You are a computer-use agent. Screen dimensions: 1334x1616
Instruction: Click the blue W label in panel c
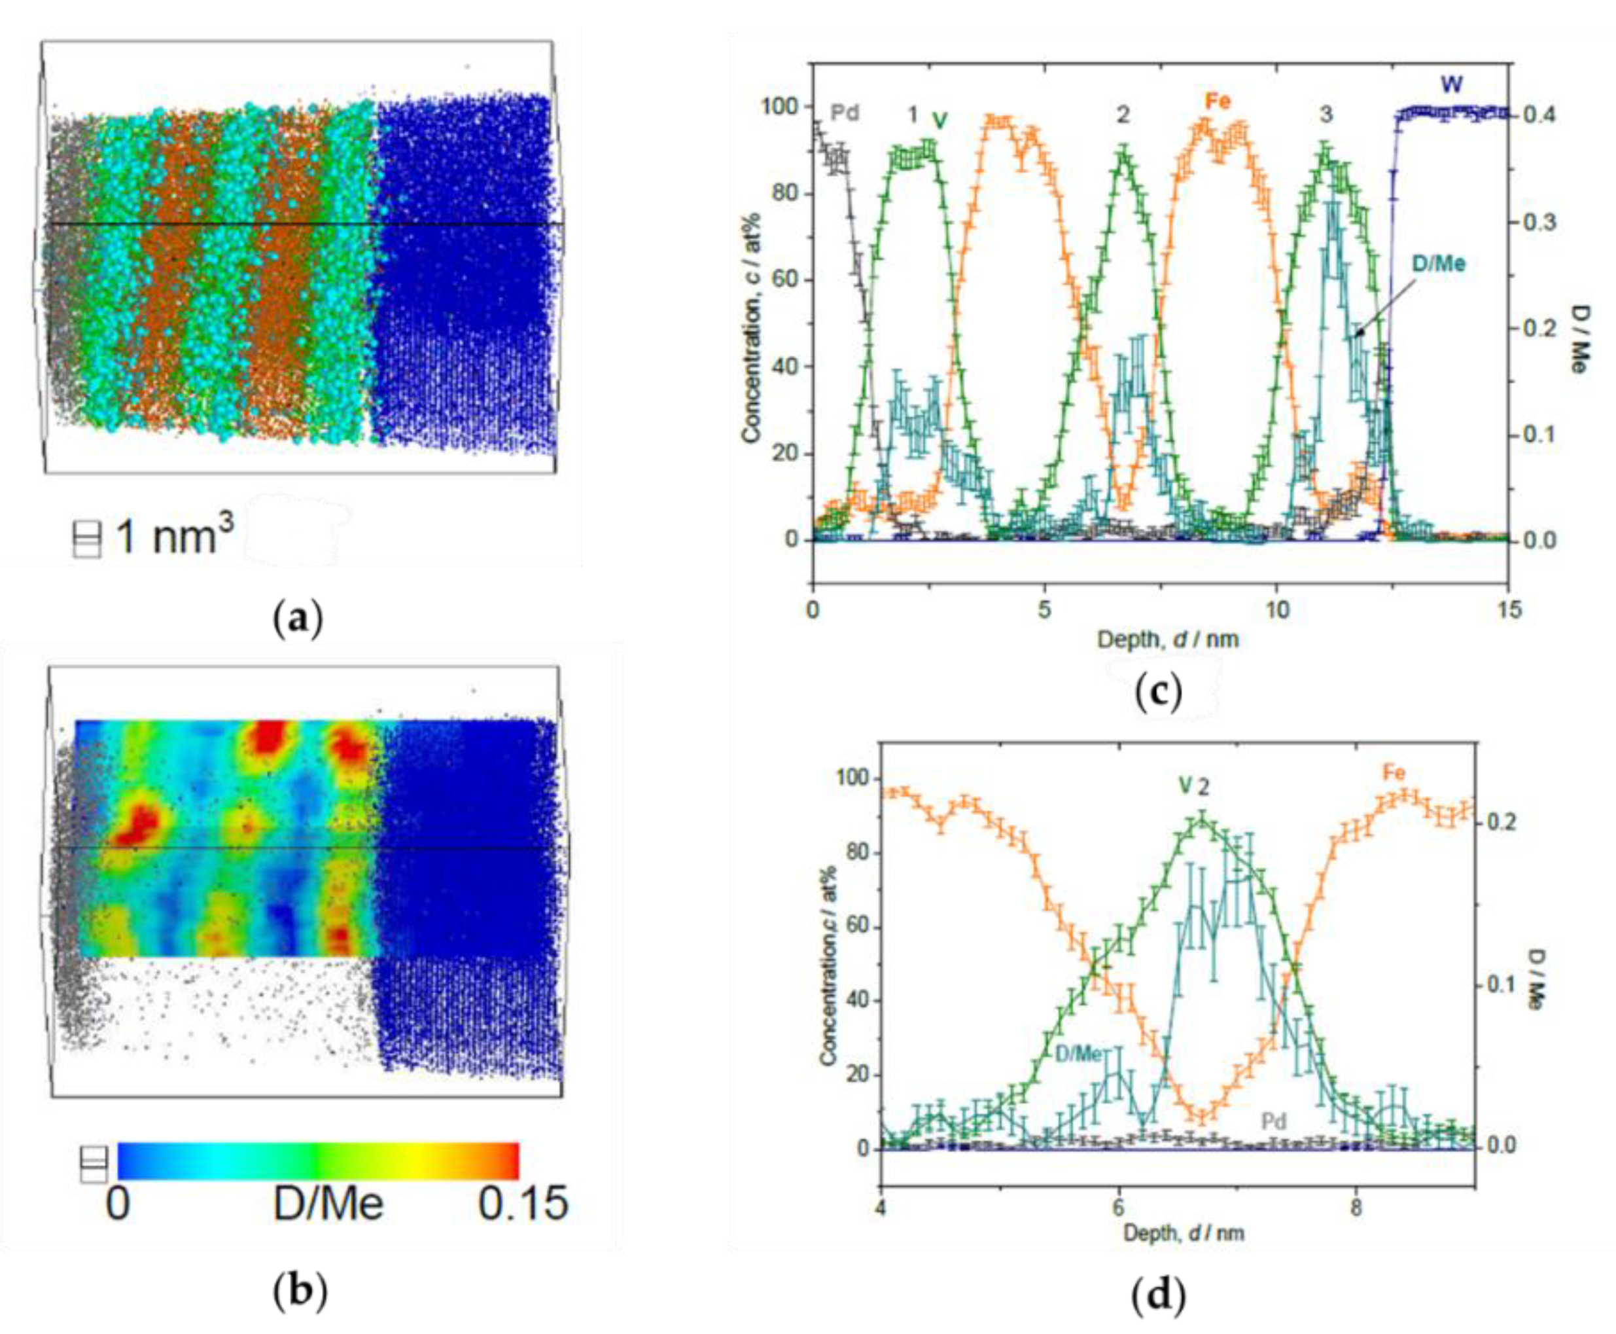[x=1451, y=84]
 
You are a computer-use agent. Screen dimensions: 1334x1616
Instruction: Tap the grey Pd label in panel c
[x=844, y=114]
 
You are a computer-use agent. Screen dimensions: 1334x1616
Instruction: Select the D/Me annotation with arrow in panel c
[x=1438, y=264]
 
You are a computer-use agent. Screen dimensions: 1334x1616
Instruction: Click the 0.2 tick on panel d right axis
[x=1494, y=823]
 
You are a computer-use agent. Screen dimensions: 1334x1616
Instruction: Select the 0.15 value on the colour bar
[x=522, y=1203]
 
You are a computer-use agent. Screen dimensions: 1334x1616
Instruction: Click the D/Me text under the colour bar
[x=328, y=1203]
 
